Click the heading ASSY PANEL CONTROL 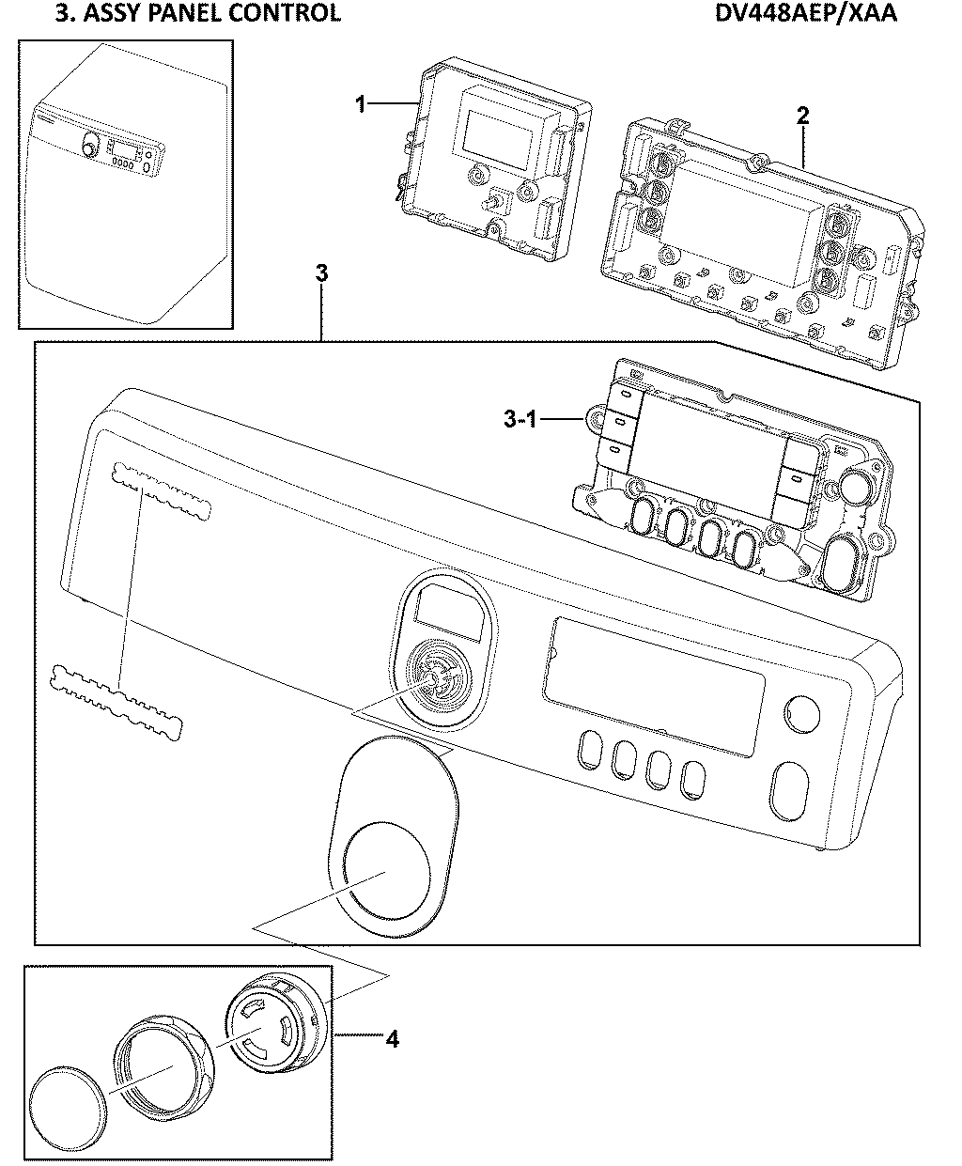coord(185,13)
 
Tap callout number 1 coord(359,104)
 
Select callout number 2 coord(801,116)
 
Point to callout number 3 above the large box coord(321,273)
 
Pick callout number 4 coord(392,1039)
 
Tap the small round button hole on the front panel coord(801,713)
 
